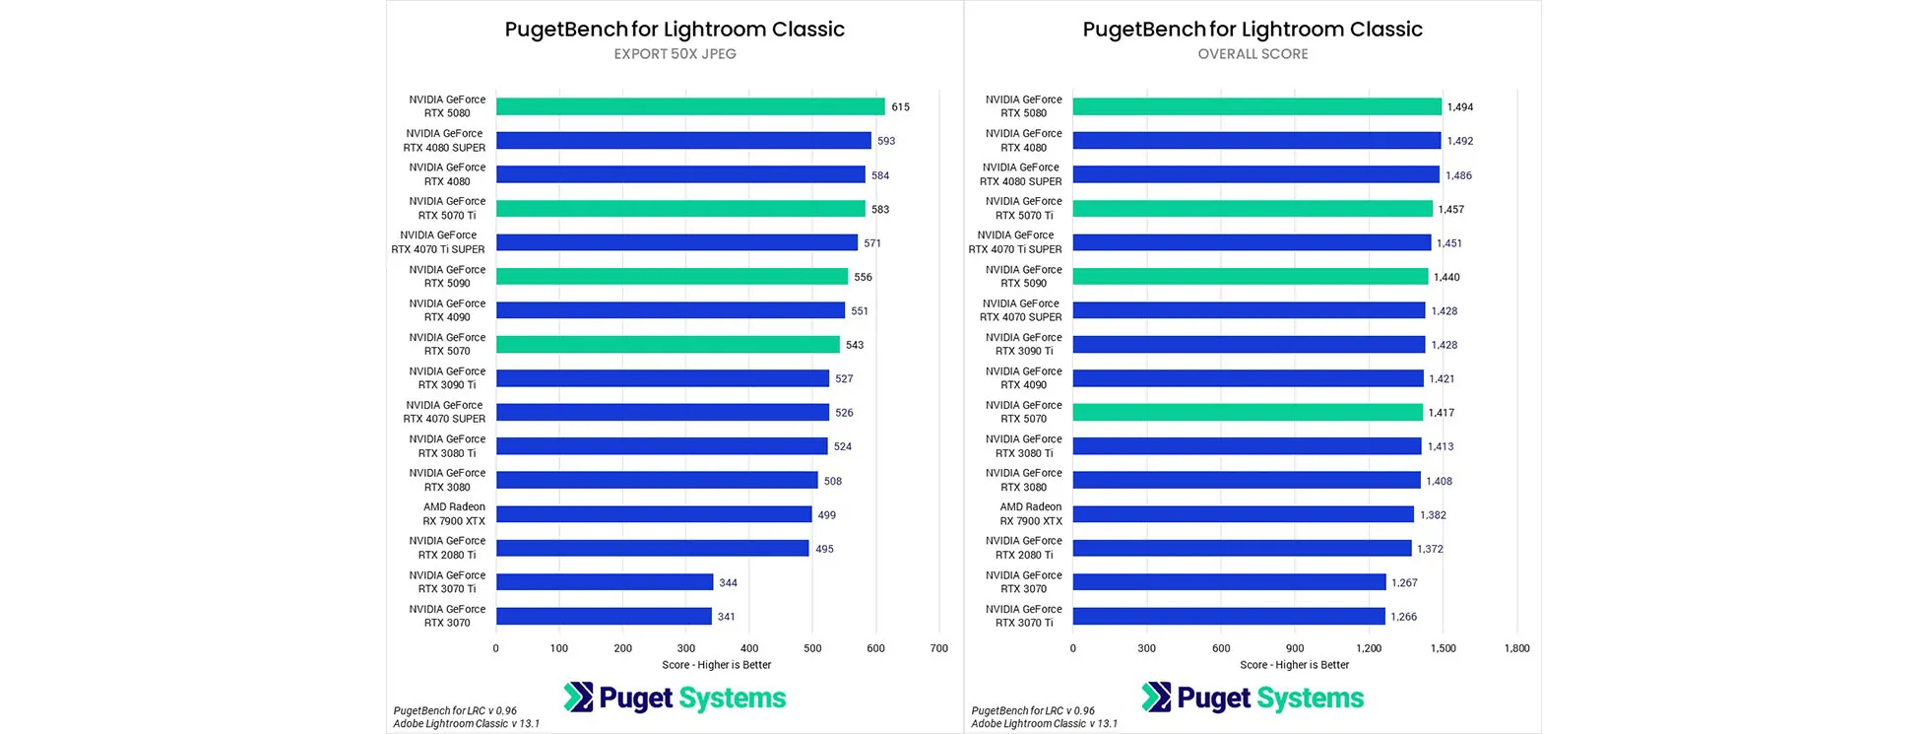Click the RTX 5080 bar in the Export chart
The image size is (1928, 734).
(x=689, y=106)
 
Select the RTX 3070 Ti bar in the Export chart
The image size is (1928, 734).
(x=604, y=582)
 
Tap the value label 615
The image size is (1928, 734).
(x=900, y=107)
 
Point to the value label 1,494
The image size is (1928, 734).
(x=1459, y=107)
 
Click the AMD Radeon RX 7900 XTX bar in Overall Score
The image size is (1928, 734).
(x=1243, y=514)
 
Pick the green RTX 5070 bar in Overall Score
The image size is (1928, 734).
(x=1247, y=413)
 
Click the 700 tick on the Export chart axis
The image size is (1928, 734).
(x=938, y=648)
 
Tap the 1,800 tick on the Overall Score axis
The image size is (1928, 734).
(x=1516, y=648)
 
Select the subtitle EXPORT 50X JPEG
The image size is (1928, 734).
(x=675, y=54)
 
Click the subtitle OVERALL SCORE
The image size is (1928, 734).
(x=1253, y=54)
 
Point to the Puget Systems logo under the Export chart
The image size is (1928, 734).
(x=675, y=698)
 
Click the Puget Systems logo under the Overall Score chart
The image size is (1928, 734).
(x=1253, y=698)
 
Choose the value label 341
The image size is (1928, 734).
(x=726, y=617)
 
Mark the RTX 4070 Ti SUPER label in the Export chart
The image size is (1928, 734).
(x=438, y=242)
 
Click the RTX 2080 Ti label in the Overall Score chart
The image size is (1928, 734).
(x=1023, y=548)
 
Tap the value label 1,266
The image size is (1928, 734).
(x=1403, y=617)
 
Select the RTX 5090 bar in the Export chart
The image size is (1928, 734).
(x=672, y=277)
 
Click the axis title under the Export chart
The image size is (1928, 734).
(x=716, y=665)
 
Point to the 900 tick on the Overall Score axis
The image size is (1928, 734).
(x=1294, y=648)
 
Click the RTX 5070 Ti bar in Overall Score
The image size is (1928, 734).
(x=1252, y=209)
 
